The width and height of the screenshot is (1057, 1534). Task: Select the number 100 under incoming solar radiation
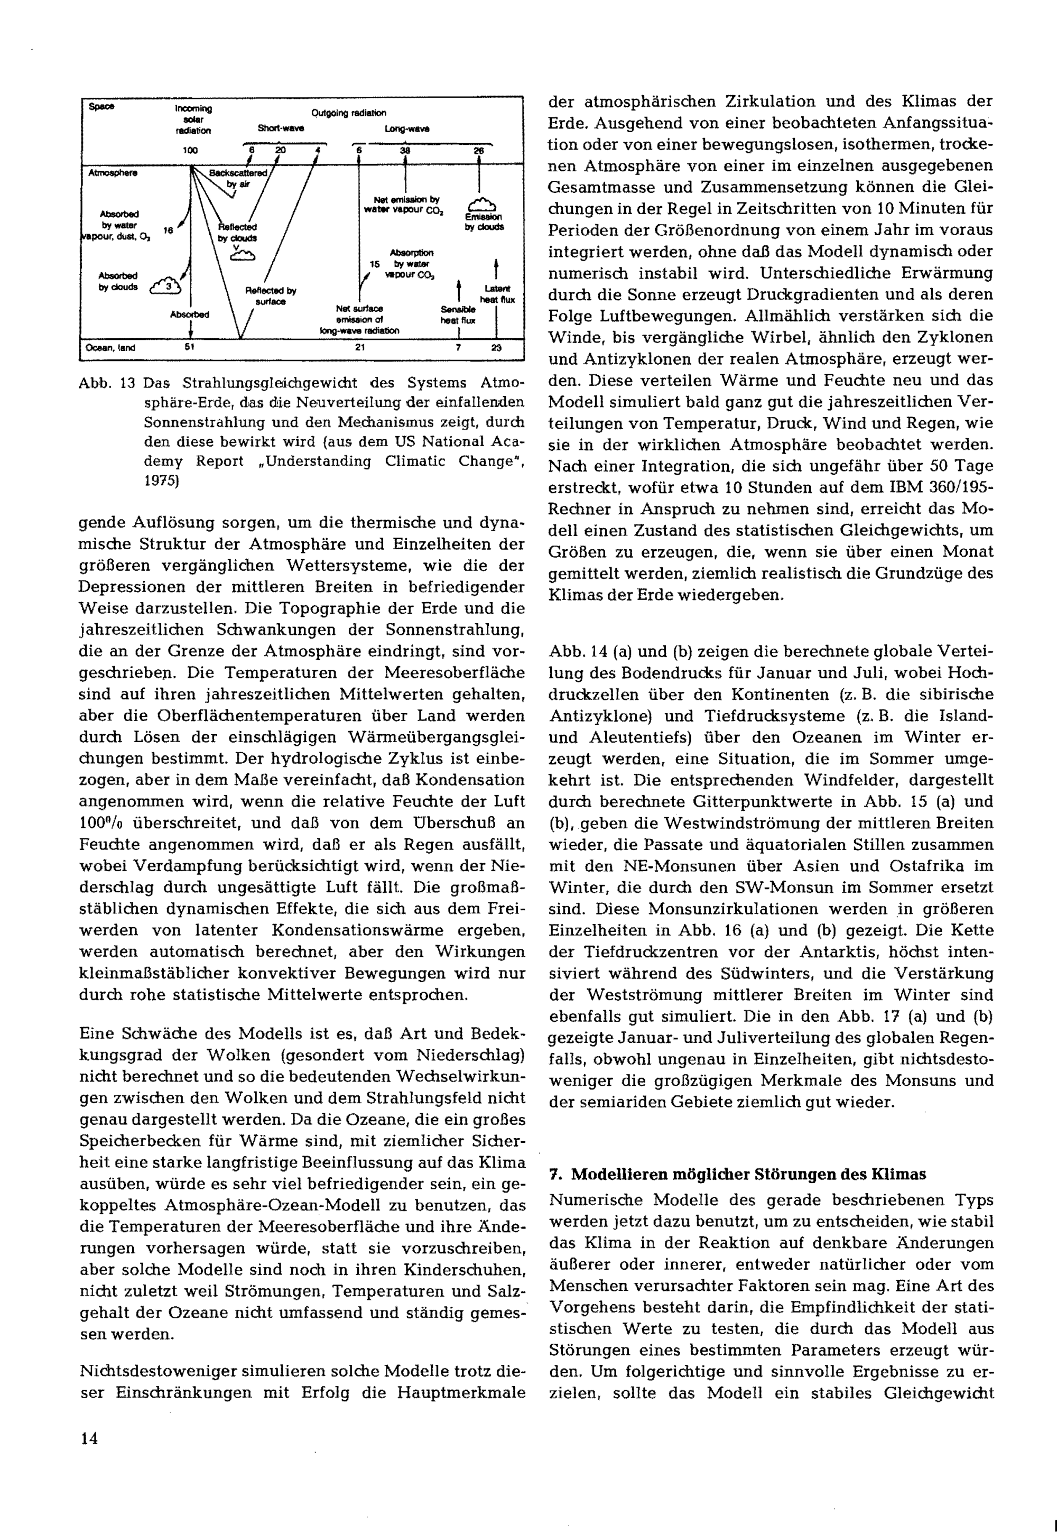coord(190,150)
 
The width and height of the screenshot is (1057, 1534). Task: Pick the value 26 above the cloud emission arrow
coord(478,150)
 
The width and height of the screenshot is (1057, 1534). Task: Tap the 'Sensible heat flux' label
coord(458,315)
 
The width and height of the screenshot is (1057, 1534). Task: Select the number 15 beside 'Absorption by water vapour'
coord(375,264)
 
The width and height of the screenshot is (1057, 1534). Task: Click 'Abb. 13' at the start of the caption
coord(107,384)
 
